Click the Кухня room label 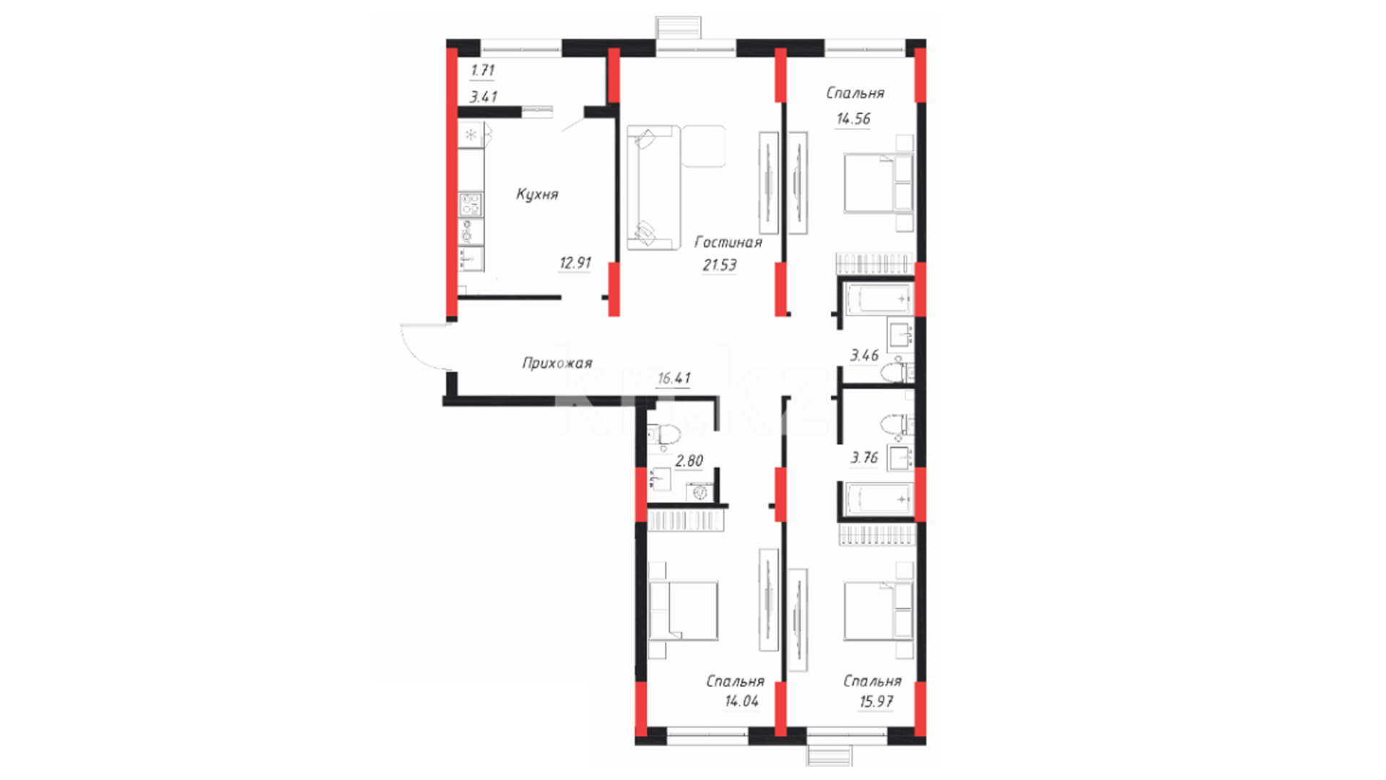pos(537,194)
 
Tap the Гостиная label pos(728,242)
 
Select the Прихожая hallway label pos(557,363)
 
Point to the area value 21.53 pos(720,265)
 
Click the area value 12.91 pos(575,263)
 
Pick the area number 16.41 pos(674,378)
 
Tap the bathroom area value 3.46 pos(864,355)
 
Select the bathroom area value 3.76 pos(864,458)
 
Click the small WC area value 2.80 pos(689,461)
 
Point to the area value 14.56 pos(853,119)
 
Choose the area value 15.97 pos(876,701)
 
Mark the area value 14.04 pos(741,701)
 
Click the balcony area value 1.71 pos(482,71)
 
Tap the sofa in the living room pos(653,188)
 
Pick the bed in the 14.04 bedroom pos(683,611)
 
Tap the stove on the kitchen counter pos(471,204)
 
